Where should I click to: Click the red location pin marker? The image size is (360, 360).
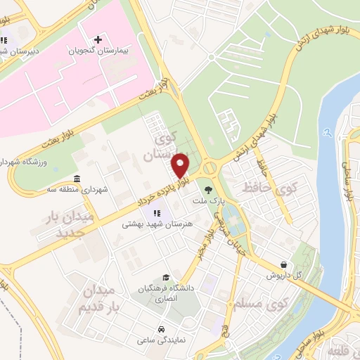[x=181, y=165]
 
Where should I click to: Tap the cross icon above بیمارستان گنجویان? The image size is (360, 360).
[x=98, y=39]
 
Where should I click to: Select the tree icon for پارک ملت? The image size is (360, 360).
[x=207, y=188]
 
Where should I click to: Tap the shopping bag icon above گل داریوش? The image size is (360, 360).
[x=283, y=265]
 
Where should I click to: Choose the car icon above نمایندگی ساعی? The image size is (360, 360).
[x=162, y=329]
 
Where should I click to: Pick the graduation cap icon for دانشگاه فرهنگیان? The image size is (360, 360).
[x=166, y=278]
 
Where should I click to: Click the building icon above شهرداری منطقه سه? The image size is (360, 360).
[x=77, y=178]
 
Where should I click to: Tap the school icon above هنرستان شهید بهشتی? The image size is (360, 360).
[x=156, y=213]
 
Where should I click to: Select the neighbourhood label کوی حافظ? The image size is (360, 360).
[x=269, y=188]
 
